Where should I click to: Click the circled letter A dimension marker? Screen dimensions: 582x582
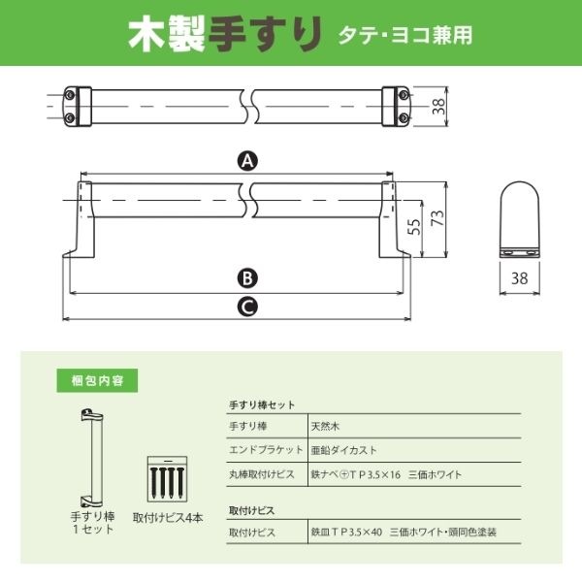(x=247, y=161)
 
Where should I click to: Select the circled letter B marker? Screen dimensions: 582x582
(x=247, y=278)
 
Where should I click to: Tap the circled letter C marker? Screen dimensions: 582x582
(x=247, y=307)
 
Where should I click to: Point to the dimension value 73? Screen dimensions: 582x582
(x=438, y=218)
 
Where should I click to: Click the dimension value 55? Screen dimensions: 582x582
(x=414, y=226)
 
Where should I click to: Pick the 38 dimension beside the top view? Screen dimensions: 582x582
(x=438, y=107)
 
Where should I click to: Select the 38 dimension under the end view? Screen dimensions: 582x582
(x=519, y=278)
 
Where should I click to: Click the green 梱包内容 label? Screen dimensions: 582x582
(x=97, y=380)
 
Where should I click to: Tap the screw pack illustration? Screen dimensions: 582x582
(x=168, y=479)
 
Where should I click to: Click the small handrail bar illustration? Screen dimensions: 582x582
(x=92, y=458)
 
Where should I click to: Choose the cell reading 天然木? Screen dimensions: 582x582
(x=325, y=426)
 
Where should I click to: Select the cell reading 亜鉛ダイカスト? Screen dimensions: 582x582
(x=343, y=450)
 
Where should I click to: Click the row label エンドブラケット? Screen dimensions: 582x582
(x=266, y=450)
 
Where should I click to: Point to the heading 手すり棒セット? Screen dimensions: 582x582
(x=262, y=404)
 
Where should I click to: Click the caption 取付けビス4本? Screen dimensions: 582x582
(x=168, y=518)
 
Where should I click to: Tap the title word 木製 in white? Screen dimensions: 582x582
(x=167, y=35)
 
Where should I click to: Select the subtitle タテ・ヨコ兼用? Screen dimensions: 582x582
(x=404, y=35)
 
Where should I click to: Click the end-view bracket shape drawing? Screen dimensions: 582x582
(x=519, y=219)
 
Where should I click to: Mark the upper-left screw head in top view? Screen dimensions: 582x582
(x=70, y=95)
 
